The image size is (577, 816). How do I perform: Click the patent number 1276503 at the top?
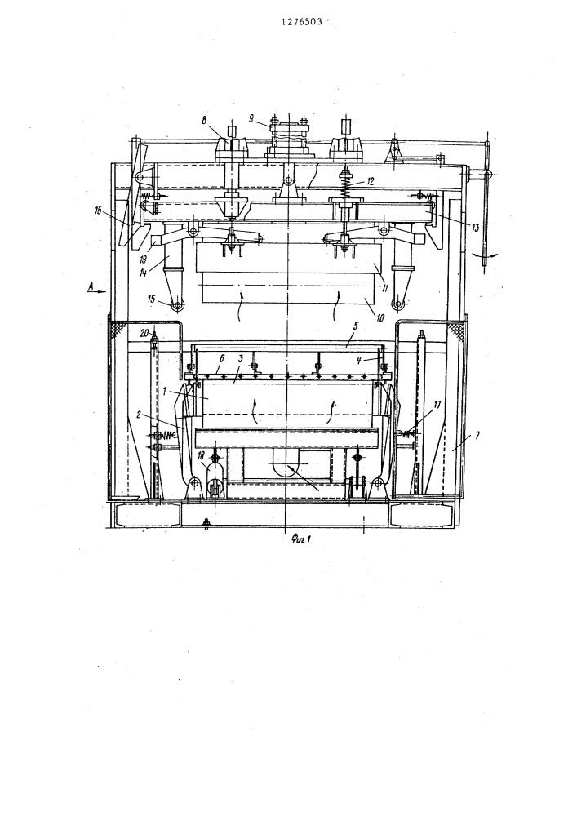[302, 22]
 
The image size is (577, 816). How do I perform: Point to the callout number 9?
[251, 118]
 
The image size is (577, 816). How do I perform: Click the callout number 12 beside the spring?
[370, 182]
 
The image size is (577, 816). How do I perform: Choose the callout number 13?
[474, 227]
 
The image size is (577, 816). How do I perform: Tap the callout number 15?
[152, 299]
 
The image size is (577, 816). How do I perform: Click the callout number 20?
[144, 332]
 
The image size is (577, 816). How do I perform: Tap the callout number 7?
[477, 433]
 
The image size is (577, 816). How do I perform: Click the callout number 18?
[201, 456]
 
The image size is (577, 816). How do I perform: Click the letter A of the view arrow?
[91, 285]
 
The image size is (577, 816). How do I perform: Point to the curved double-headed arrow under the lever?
[486, 255]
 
